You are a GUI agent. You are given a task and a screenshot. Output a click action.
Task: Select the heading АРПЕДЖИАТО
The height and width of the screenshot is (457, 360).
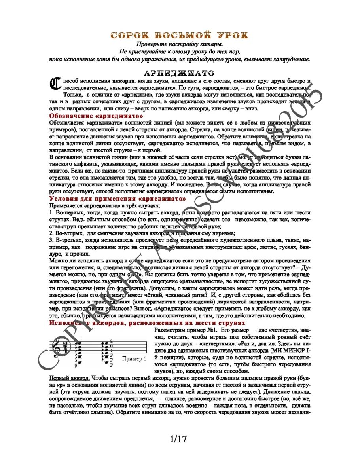(180, 73)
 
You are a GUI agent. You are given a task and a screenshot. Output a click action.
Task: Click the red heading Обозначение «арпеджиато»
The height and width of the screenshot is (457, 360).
(96, 116)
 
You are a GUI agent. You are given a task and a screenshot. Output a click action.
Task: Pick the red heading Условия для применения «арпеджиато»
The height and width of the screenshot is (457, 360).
(117, 199)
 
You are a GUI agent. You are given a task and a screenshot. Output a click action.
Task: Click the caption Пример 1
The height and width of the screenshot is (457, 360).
(135, 359)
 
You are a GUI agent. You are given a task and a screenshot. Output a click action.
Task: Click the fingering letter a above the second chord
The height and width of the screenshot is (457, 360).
(111, 341)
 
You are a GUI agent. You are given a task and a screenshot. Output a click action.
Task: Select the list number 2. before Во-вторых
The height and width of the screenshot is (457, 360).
(51, 233)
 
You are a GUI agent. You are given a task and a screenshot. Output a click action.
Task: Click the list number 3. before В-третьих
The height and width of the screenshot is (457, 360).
(51, 240)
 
